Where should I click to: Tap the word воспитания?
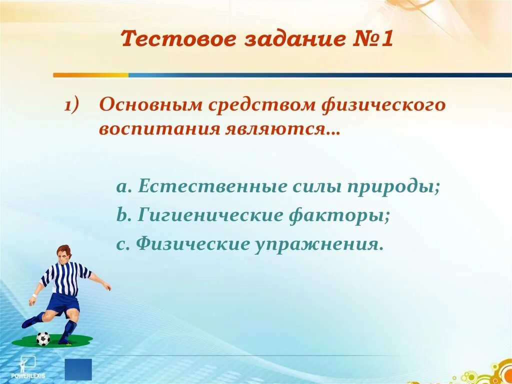coord(159,130)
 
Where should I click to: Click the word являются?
coord(278,130)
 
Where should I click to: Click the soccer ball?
coord(43,338)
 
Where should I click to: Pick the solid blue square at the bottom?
coord(78,369)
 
